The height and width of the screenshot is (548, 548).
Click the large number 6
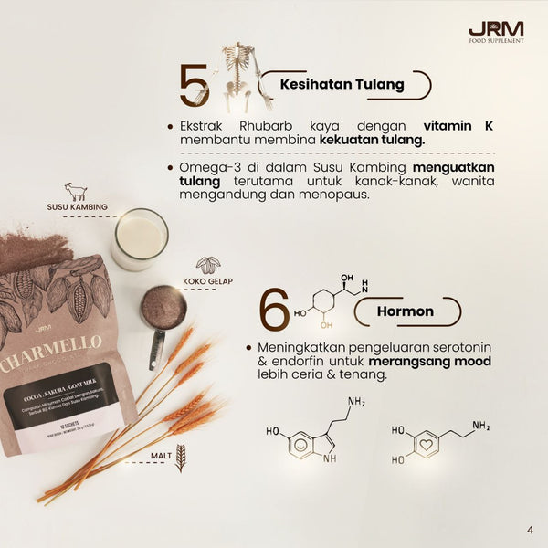coord(274,310)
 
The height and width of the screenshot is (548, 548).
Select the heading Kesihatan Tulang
coord(343,85)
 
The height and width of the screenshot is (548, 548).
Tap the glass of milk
coord(140,239)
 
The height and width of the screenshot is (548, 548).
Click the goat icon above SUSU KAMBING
coord(77,193)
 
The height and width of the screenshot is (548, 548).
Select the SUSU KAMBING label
coord(77,207)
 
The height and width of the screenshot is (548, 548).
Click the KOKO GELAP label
coord(208,282)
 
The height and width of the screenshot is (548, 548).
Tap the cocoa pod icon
coord(208,266)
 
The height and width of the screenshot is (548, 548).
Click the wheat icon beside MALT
coord(180,457)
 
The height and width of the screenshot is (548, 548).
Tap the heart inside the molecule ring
coord(425,444)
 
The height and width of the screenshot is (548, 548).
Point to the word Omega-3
coord(212,168)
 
